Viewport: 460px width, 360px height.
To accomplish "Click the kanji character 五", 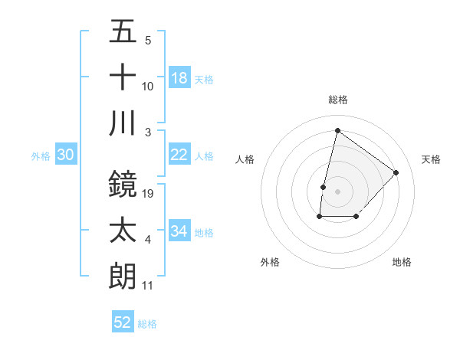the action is click(x=123, y=32).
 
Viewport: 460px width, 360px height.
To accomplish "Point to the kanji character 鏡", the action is click(x=123, y=184).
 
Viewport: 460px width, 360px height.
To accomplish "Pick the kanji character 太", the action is click(x=123, y=231).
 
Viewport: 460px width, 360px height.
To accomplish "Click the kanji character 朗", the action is click(x=123, y=276).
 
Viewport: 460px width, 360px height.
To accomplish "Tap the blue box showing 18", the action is click(x=179, y=78).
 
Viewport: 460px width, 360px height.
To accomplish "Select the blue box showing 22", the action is click(x=179, y=155).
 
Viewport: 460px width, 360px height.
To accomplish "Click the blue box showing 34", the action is click(x=179, y=231).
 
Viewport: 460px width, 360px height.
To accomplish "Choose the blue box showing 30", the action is click(x=65, y=155).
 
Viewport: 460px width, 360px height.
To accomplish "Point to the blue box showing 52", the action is click(x=123, y=322).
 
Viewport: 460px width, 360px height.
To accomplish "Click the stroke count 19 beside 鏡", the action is click(x=149, y=194).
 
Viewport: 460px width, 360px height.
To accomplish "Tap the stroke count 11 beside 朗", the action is click(x=148, y=286).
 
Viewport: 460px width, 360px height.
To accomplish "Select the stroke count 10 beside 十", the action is click(x=148, y=87).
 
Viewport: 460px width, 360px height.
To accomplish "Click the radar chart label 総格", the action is click(x=337, y=100).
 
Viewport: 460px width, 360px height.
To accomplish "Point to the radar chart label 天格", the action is click(x=431, y=159).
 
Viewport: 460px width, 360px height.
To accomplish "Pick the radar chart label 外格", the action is click(x=270, y=262).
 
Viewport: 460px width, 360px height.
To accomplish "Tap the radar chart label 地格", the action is click(x=402, y=262).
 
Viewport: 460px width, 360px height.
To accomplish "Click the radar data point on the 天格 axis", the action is click(x=396, y=172).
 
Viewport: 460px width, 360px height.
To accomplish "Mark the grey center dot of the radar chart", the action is click(x=337, y=191).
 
